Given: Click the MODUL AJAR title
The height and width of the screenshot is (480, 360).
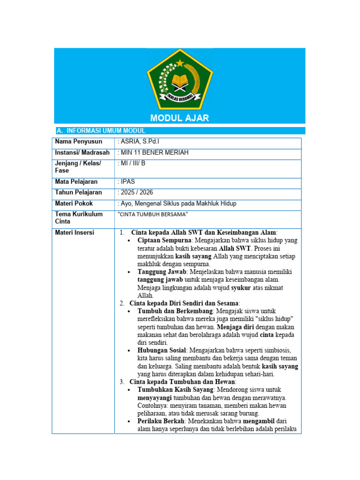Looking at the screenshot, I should click(180, 118).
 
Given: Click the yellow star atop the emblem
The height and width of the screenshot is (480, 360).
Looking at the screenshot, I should click(180, 63).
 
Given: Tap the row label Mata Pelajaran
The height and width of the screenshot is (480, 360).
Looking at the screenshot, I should click(76, 181).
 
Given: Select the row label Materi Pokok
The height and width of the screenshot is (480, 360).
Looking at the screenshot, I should click(74, 204).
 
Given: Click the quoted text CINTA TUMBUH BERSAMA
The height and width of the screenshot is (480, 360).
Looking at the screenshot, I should click(153, 214).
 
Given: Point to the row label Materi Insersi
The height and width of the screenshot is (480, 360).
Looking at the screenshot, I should click(75, 232).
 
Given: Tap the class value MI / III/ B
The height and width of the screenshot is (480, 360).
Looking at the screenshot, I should click(133, 164).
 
